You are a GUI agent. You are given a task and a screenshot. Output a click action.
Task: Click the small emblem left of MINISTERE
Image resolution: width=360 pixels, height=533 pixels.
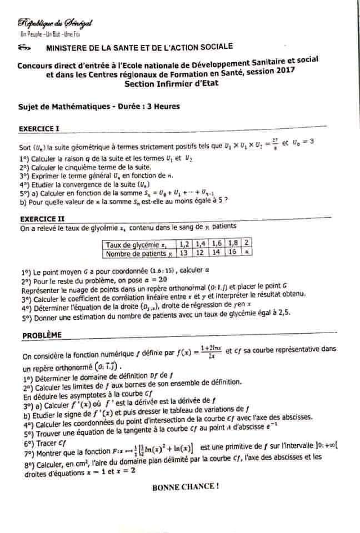coord(25,48)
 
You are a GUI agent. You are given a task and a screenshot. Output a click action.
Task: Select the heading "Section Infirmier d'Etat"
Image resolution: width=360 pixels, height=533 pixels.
coord(172,83)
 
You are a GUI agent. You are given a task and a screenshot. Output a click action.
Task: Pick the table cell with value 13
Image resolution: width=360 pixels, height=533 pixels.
coord(182,253)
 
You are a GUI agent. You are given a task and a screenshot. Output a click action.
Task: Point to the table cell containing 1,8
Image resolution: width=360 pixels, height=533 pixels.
coord(232,243)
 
